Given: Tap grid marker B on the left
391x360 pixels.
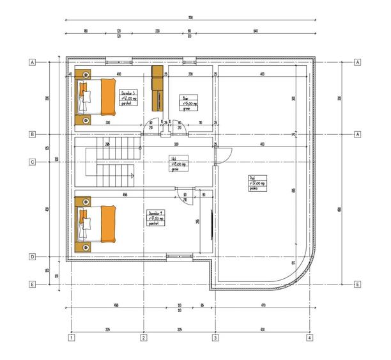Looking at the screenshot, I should [x=31, y=134].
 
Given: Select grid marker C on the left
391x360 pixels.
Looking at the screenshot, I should [x=31, y=162].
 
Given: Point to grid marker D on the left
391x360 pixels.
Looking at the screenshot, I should [x=31, y=257].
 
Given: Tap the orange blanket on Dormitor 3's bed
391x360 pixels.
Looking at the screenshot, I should [x=107, y=97].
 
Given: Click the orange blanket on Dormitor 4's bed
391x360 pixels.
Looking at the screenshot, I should [x=107, y=223].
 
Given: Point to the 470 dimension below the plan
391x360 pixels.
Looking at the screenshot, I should [x=263, y=306].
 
